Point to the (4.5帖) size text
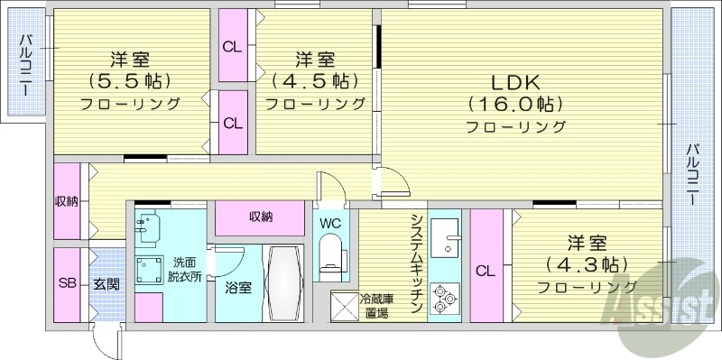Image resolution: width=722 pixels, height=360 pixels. (x=315, y=80)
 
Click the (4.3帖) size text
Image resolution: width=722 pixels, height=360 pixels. (x=587, y=264)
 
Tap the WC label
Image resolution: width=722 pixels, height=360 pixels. (x=329, y=221)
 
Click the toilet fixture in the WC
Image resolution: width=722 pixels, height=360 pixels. (x=331, y=252)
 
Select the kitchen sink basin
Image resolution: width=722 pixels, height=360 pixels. (x=444, y=239)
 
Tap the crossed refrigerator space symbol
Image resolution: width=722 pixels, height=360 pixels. (x=344, y=307)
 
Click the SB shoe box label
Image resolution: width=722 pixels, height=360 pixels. (x=67, y=283)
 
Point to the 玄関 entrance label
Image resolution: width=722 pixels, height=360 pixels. (x=106, y=283)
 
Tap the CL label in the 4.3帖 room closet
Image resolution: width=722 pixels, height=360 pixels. (x=485, y=270)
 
